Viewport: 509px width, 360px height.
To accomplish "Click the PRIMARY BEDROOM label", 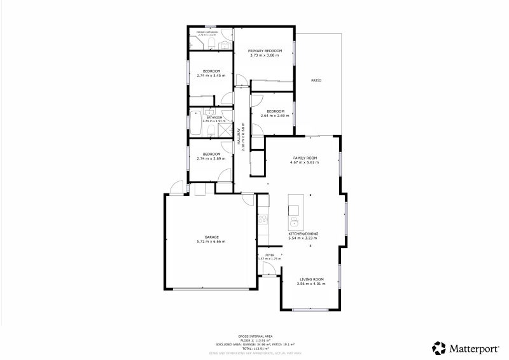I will pos(264,50).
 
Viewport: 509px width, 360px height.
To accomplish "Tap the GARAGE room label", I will pos(211,237).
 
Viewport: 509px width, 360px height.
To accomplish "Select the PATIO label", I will pos(316,81).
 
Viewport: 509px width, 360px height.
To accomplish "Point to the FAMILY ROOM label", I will pos(305,158).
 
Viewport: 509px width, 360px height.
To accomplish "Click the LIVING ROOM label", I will pos(312,279).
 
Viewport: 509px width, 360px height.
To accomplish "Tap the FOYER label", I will pos(270,254).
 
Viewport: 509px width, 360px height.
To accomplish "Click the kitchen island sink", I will pos(295,221).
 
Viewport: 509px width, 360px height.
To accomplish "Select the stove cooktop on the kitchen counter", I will pos(262,220).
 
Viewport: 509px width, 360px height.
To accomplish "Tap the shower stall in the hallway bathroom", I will pos(224,129).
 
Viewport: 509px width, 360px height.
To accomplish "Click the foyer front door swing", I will pos(270,270).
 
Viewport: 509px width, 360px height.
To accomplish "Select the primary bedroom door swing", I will pos(242,80).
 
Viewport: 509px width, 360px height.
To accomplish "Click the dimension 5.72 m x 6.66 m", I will pos(211,242).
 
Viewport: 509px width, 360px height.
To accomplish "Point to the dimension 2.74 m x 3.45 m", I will pos(211,76).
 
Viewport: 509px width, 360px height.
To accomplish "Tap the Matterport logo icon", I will pos(439,348).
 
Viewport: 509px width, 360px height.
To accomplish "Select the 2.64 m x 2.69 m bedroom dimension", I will pos(275,116).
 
